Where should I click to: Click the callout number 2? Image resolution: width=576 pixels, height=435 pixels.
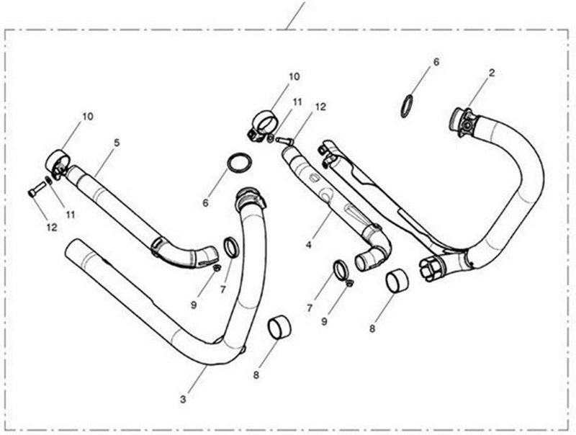point(492,73)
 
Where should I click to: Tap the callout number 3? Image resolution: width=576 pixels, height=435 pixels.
point(183,400)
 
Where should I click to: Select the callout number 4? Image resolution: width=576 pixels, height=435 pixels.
point(309,245)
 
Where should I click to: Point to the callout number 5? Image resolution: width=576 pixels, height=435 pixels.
point(117,143)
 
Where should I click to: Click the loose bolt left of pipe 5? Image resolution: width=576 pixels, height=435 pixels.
point(36,189)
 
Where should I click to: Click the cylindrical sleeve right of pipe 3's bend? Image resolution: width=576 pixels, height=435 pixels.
point(279,327)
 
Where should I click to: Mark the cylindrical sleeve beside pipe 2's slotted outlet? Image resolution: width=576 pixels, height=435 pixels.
point(398,281)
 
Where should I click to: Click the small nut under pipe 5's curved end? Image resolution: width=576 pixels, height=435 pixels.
point(217,267)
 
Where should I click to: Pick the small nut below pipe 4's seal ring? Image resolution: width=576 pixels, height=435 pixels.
point(349,282)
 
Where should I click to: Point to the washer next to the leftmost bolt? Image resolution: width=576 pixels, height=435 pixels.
point(48,181)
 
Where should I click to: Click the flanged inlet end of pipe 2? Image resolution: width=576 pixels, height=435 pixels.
point(463,122)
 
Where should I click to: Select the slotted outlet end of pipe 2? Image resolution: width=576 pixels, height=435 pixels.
point(433,268)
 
